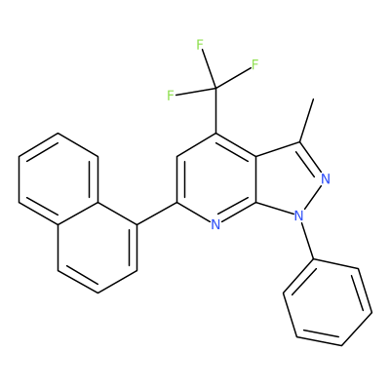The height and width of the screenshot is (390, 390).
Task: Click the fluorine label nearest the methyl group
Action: (254, 64)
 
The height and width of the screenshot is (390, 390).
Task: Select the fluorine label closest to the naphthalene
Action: (171, 96)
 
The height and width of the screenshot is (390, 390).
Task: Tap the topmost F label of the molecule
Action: (200, 45)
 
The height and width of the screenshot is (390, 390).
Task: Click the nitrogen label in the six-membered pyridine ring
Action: (215, 224)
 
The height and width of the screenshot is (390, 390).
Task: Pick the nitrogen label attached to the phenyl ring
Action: (298, 215)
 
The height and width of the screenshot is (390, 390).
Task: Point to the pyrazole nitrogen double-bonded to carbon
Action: (325, 178)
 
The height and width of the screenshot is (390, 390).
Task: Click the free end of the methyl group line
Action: (313, 98)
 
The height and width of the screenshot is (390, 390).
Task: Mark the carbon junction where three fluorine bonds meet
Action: (215, 88)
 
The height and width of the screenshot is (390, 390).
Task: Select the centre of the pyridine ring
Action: (216, 178)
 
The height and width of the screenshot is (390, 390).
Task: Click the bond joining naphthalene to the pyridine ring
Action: (157, 214)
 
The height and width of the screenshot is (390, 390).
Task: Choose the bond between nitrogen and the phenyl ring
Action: (307, 241)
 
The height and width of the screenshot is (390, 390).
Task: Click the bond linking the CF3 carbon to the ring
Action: (215, 110)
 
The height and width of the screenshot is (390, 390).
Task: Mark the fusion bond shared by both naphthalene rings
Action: (78, 214)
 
